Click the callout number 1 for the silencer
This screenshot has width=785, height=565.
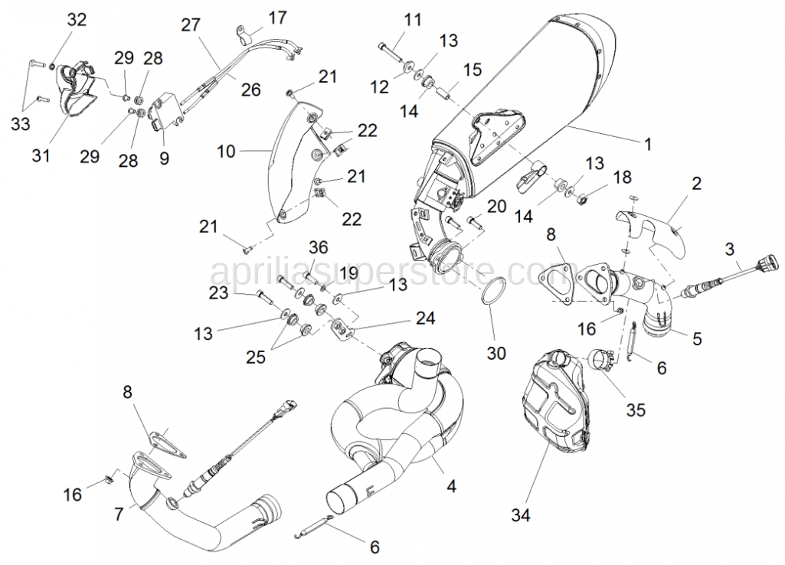point(647,142)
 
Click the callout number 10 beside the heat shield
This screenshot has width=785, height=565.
point(226,152)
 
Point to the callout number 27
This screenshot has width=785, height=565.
point(190,25)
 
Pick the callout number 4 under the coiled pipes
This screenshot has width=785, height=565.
point(452,485)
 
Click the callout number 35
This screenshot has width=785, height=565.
point(635,410)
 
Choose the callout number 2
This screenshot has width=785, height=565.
point(696,184)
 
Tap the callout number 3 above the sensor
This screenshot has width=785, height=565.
point(729,248)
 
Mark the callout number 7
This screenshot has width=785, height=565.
point(119,514)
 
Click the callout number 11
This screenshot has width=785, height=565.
point(413,19)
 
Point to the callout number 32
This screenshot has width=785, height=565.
point(77,20)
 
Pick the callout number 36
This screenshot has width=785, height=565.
point(319,247)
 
